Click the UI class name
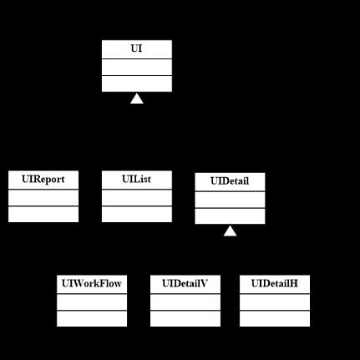136,48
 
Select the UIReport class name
43,180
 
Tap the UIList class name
136,179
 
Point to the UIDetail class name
230,181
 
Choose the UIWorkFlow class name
92,283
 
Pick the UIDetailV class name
185,283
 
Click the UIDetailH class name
275,283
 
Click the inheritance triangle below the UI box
137,99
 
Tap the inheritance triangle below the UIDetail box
230,231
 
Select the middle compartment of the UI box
137,67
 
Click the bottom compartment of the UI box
137,84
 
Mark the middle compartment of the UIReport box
43,198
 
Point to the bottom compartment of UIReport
43,214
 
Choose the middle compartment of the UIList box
137,198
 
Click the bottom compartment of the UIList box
137,214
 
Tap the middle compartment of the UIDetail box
230,200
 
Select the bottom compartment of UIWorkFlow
92,318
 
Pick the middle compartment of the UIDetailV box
185,302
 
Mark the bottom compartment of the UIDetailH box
275,318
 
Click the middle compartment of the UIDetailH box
275,302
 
